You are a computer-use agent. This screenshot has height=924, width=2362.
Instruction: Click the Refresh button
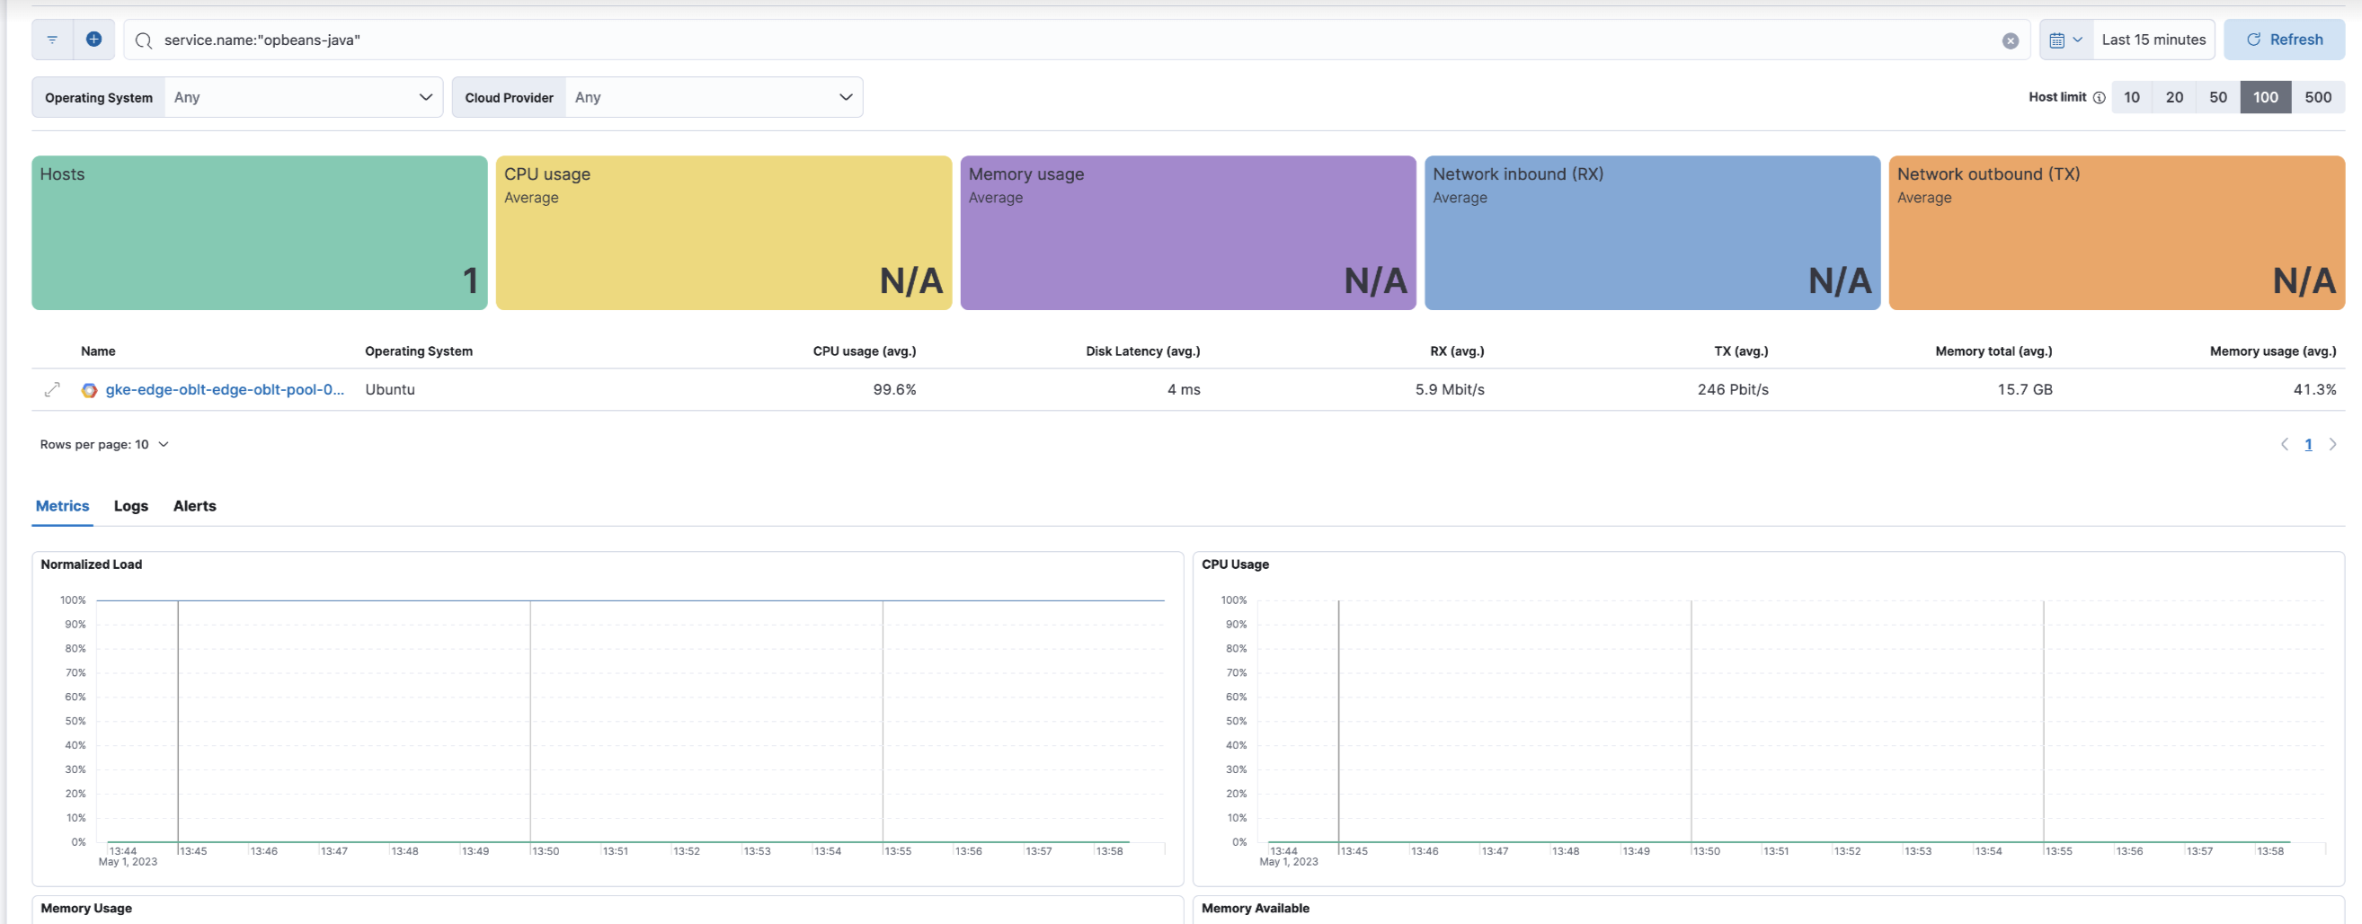click(2283, 40)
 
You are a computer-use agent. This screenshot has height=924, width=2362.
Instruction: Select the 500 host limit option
click(2317, 97)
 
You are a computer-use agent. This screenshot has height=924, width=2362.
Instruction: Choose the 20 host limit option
click(2173, 97)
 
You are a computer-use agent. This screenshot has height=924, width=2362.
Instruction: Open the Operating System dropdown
click(303, 97)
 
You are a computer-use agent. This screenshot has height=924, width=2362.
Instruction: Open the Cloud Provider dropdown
click(714, 97)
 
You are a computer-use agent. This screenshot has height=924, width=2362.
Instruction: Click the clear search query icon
click(2010, 40)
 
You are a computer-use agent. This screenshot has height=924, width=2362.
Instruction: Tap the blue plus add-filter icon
click(93, 40)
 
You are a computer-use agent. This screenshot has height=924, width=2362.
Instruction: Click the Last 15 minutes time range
click(2153, 40)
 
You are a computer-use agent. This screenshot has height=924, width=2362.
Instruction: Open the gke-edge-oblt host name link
click(225, 389)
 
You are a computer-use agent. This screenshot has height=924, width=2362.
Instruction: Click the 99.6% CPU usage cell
click(894, 389)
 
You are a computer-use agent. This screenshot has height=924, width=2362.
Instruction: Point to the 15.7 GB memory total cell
click(2025, 389)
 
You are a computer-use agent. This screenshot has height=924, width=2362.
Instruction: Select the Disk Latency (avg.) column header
click(1142, 351)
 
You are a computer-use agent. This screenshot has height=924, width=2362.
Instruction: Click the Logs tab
click(131, 506)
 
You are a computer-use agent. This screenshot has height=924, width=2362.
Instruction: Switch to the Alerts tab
click(194, 506)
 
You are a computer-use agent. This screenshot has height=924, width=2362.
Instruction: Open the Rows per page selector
click(103, 445)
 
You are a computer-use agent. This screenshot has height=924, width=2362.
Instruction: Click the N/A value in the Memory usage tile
click(1374, 280)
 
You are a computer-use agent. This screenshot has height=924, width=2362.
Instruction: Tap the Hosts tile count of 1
click(469, 280)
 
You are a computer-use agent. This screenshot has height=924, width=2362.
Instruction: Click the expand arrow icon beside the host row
click(52, 389)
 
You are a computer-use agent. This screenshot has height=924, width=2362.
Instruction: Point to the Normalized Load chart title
click(92, 564)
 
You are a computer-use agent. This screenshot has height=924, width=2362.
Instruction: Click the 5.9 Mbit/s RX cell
click(1449, 389)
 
